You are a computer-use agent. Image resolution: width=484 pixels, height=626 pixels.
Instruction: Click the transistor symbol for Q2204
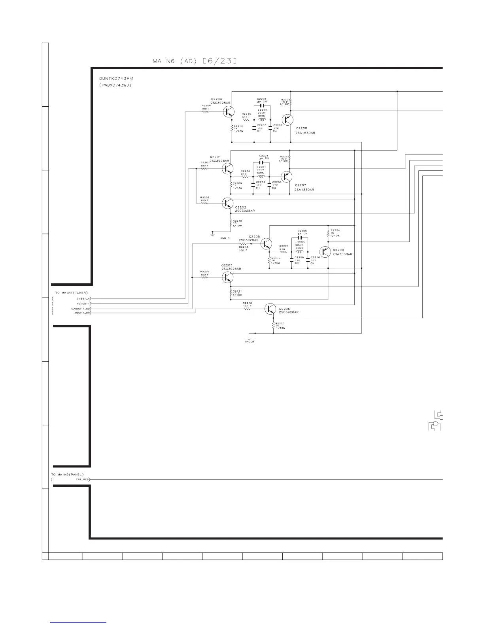pyautogui.click(x=228, y=112)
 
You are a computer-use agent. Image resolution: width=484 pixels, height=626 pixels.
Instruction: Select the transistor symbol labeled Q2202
pyautogui.click(x=227, y=203)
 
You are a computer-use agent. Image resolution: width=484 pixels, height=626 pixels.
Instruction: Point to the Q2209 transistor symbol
pyautogui.click(x=325, y=252)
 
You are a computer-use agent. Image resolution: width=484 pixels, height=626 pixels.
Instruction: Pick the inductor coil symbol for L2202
pyautogui.click(x=261, y=119)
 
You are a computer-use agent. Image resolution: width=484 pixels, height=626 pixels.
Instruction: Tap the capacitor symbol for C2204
pyautogui.click(x=261, y=162)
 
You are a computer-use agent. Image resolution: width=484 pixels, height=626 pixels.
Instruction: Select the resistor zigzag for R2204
pyautogui.click(x=205, y=112)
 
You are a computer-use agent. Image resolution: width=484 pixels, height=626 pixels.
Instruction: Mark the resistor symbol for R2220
pyautogui.click(x=273, y=326)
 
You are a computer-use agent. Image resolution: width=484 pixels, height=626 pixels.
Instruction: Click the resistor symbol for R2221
pyautogui.click(x=283, y=252)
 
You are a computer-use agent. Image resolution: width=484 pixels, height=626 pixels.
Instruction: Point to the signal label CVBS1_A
pyautogui.click(x=83, y=299)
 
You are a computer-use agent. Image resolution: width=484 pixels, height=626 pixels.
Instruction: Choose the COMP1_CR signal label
pyautogui.click(x=83, y=313)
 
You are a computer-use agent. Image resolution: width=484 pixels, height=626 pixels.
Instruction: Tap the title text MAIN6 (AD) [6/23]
pyautogui.click(x=195, y=61)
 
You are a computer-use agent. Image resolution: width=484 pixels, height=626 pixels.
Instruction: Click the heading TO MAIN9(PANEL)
pyautogui.click(x=67, y=474)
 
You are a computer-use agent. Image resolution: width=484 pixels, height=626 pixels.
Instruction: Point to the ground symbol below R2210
pyautogui.click(x=213, y=234)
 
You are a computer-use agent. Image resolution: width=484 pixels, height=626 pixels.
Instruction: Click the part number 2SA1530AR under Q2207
pyautogui.click(x=304, y=190)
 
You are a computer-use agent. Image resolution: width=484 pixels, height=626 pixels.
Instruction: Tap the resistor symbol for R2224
pyautogui.click(x=328, y=234)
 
